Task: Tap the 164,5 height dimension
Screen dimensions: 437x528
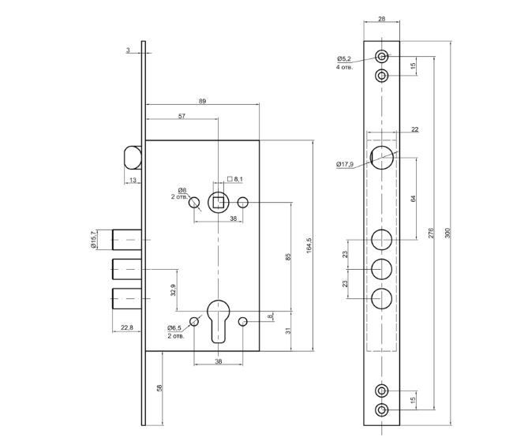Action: [x=309, y=245]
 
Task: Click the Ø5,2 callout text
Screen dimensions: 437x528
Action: [x=344, y=59]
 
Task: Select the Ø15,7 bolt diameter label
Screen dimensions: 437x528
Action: [x=93, y=238]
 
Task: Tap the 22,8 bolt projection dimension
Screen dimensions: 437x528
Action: [x=127, y=327]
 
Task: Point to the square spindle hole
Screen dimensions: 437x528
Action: [x=219, y=203]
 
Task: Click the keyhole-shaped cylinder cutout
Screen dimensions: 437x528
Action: [x=219, y=320]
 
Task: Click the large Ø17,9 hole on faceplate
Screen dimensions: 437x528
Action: [x=382, y=157]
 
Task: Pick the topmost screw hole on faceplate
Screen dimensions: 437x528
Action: [x=382, y=57]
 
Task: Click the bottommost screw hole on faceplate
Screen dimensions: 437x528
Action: [x=382, y=409]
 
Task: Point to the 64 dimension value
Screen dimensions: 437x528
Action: [x=413, y=198]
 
